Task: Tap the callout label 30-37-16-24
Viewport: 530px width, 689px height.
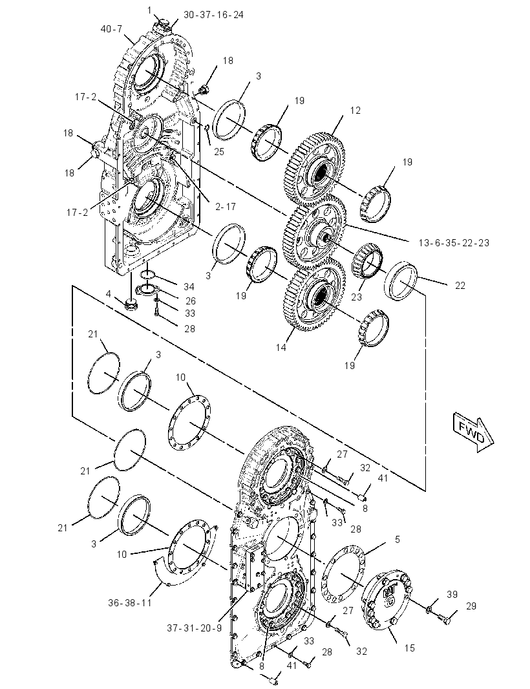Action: (x=213, y=15)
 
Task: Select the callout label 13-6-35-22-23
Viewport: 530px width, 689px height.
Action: (x=454, y=242)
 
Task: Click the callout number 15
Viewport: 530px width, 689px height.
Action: (x=410, y=648)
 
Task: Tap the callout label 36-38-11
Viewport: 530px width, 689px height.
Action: (x=130, y=603)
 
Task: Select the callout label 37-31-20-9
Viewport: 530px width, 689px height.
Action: (x=195, y=628)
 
